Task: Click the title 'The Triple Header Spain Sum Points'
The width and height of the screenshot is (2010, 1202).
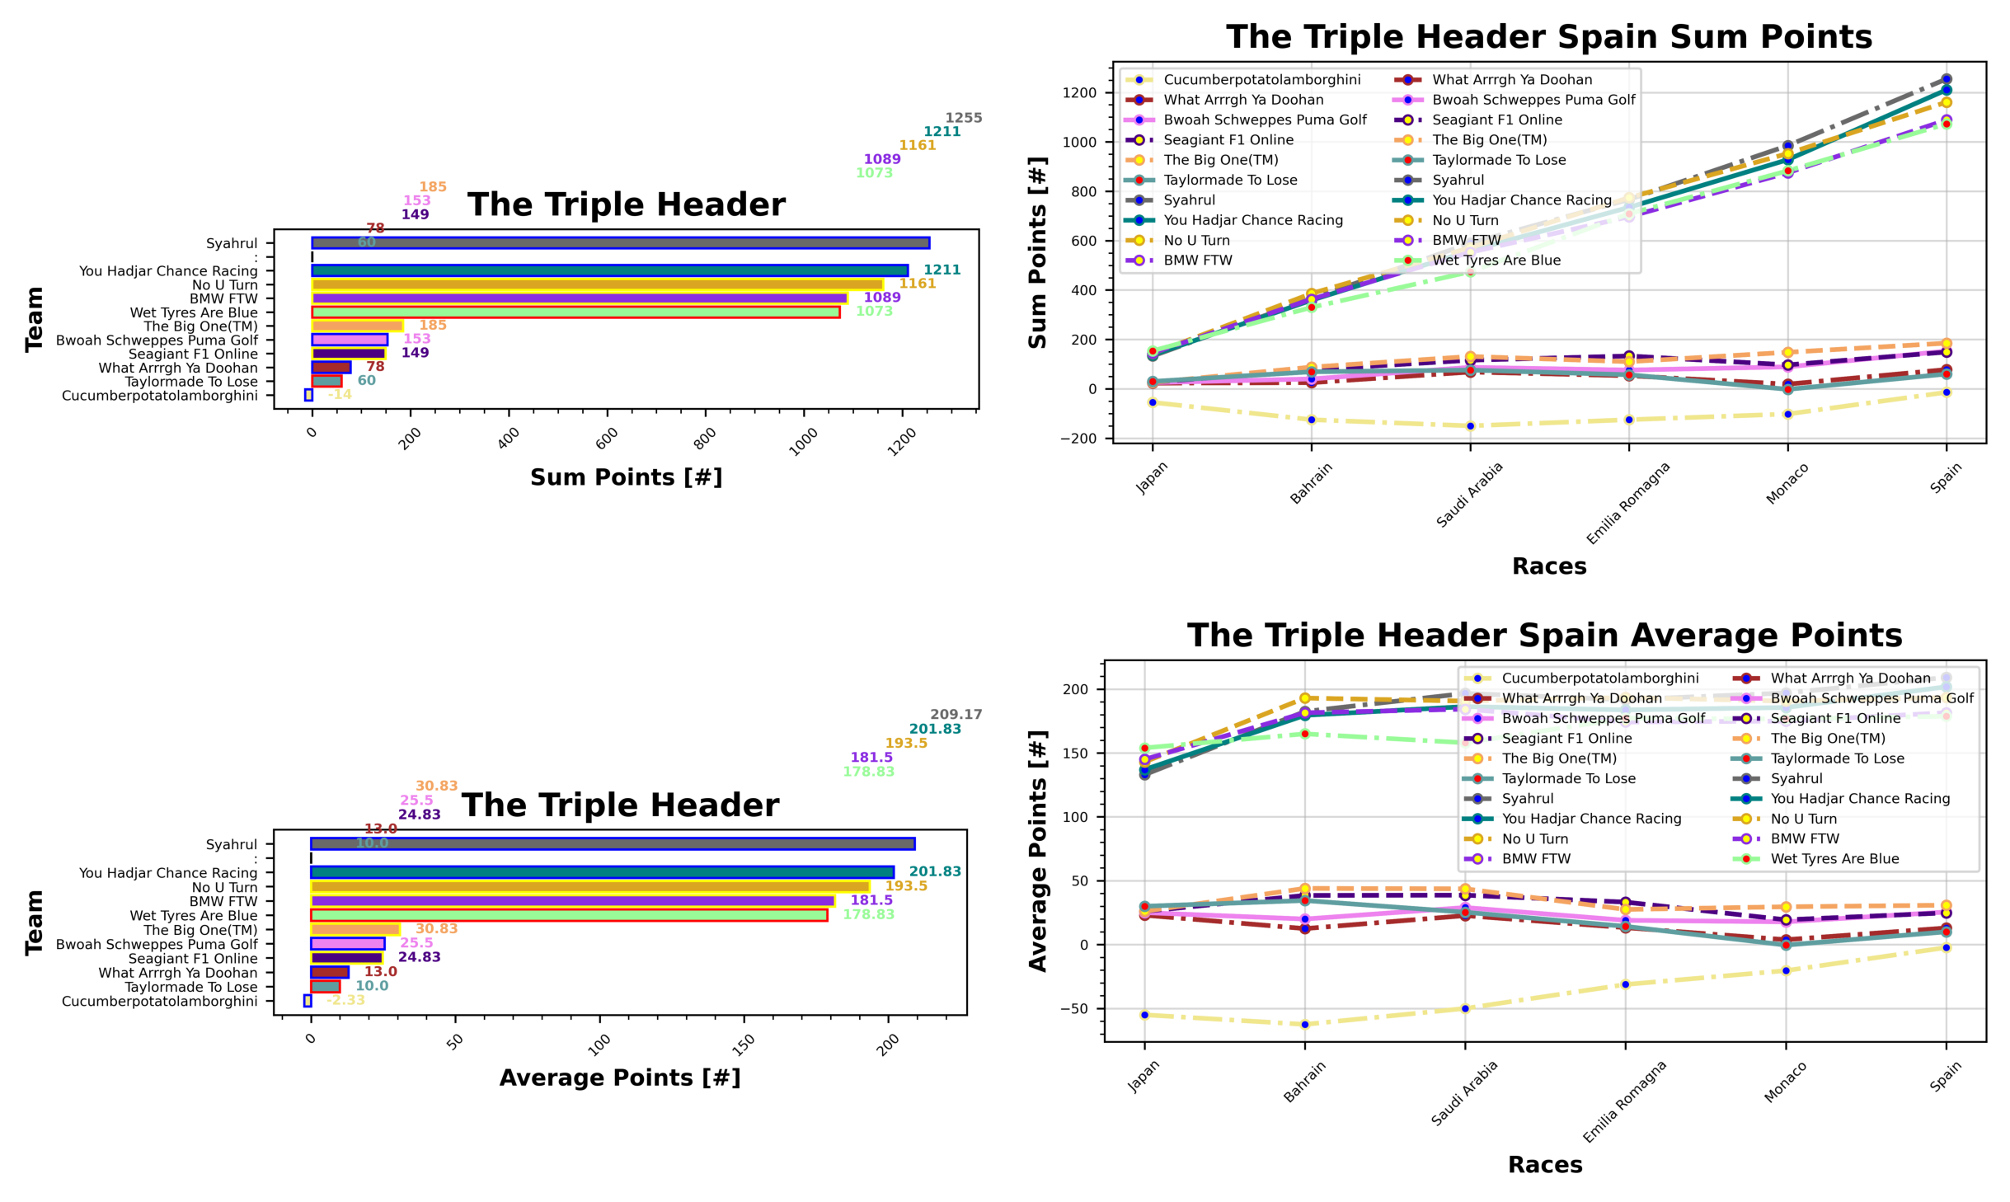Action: pyautogui.click(x=1548, y=37)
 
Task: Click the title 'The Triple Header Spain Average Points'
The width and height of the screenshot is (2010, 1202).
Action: pyautogui.click(x=1544, y=636)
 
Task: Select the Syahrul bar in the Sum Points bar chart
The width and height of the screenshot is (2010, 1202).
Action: pyautogui.click(x=620, y=242)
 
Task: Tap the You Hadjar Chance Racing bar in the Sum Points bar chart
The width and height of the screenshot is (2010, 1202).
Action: pyautogui.click(x=609, y=270)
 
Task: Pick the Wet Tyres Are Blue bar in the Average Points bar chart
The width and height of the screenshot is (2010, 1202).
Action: pyautogui.click(x=569, y=915)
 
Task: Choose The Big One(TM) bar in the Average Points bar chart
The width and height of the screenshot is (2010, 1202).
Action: pyautogui.click(x=355, y=930)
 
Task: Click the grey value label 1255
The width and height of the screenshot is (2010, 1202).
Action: pyautogui.click(x=963, y=118)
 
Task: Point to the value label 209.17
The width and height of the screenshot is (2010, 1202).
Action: pyautogui.click(x=956, y=715)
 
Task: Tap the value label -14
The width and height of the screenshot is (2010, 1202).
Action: pyautogui.click(x=340, y=395)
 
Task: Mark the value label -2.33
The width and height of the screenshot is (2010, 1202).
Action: pyautogui.click(x=345, y=1000)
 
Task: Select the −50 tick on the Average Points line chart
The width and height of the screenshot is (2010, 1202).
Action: pyautogui.click(x=1073, y=1009)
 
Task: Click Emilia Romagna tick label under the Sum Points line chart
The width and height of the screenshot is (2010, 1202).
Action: pyautogui.click(x=1627, y=503)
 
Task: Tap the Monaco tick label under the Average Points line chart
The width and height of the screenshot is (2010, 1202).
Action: pyautogui.click(x=1786, y=1082)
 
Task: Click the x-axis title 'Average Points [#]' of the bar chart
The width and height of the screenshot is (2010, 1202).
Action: pyautogui.click(x=620, y=1078)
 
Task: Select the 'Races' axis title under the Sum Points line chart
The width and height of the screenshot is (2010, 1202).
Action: pyautogui.click(x=1548, y=566)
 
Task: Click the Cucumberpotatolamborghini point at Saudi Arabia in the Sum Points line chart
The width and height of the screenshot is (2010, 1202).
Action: pyautogui.click(x=1470, y=426)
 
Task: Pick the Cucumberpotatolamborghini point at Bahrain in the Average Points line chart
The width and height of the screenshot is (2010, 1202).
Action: pyautogui.click(x=1304, y=1025)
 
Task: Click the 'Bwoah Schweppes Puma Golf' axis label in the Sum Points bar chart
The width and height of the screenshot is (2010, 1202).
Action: pyautogui.click(x=157, y=340)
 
